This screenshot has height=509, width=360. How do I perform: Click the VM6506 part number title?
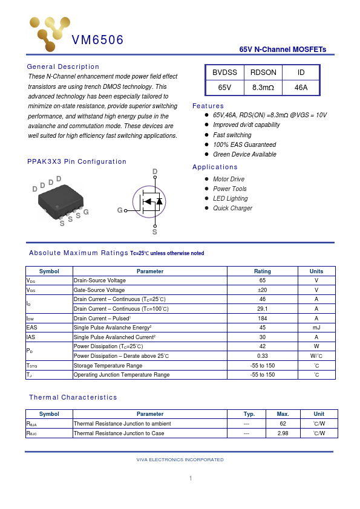coord(97,41)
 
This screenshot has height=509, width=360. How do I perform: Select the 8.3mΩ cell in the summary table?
coord(263,88)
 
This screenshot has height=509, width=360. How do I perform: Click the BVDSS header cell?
coord(224,73)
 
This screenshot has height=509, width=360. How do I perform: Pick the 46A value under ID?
coord(301,88)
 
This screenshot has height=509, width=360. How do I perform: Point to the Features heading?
coord(208,106)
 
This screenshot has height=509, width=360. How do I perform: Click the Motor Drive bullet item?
coord(229,180)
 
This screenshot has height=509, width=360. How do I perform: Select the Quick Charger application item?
coord(232,209)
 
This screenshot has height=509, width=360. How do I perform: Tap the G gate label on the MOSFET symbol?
coord(120,210)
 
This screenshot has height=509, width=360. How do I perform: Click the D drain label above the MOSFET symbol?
coord(155,172)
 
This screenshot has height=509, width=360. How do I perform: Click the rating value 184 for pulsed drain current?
coord(263,319)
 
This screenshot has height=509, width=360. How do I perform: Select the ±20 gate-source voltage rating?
coord(263,290)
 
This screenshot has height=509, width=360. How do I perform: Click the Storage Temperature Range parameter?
coord(108,366)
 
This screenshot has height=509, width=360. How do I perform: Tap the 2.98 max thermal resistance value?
coord(283,433)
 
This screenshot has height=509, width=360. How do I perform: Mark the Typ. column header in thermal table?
coord(249,414)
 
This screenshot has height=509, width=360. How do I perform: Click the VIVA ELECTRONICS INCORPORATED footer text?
coord(180,460)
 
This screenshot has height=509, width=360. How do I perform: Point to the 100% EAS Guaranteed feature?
coord(244,145)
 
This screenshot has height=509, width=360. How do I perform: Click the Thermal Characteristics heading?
coord(73,397)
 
